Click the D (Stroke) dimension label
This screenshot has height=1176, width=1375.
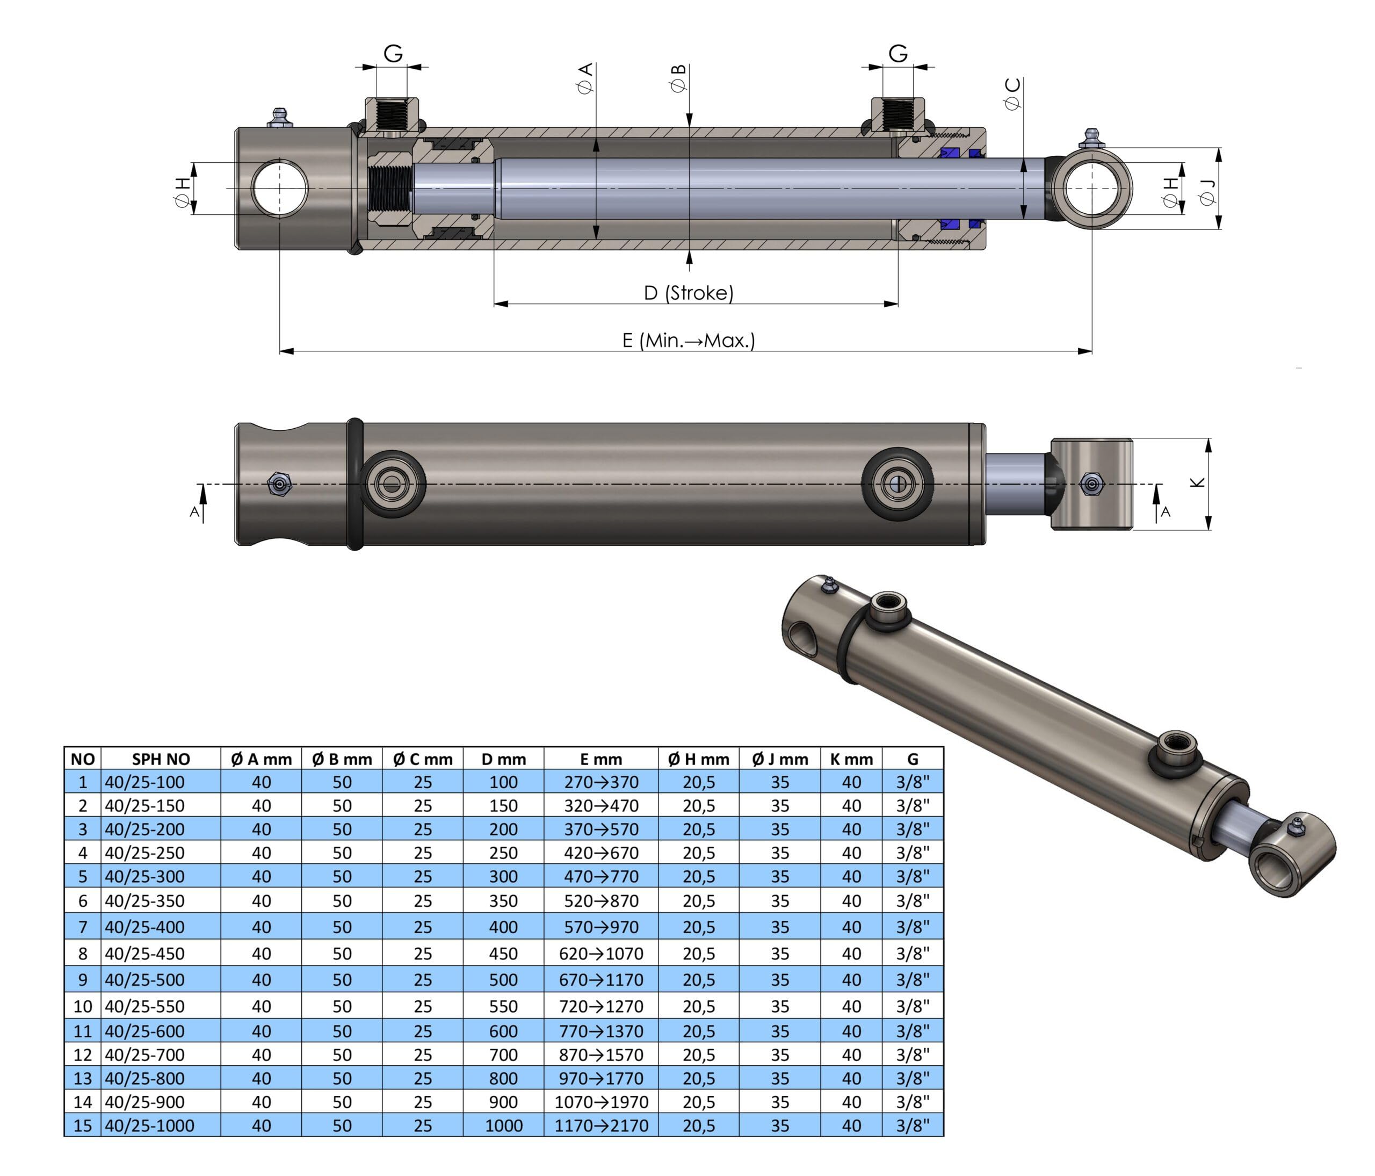pyautogui.click(x=688, y=293)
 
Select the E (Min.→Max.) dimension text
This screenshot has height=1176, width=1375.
pyautogui.click(x=688, y=341)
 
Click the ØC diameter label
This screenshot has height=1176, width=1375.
pyautogui.click(x=1012, y=93)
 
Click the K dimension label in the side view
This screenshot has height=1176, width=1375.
pyautogui.click(x=1198, y=482)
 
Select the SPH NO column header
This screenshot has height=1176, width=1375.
pyautogui.click(x=161, y=759)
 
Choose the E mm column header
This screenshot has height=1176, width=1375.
pyautogui.click(x=600, y=759)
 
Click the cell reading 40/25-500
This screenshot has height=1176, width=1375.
pyautogui.click(x=144, y=979)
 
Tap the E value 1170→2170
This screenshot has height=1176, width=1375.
pyautogui.click(x=600, y=1126)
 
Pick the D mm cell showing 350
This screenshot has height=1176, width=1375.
pyautogui.click(x=503, y=900)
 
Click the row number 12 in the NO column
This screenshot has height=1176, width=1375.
pyautogui.click(x=82, y=1055)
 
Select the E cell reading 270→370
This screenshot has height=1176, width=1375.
pyautogui.click(x=600, y=782)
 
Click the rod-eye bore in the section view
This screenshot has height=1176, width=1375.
pyautogui.click(x=1091, y=189)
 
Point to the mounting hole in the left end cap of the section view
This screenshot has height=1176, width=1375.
pyautogui.click(x=279, y=189)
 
